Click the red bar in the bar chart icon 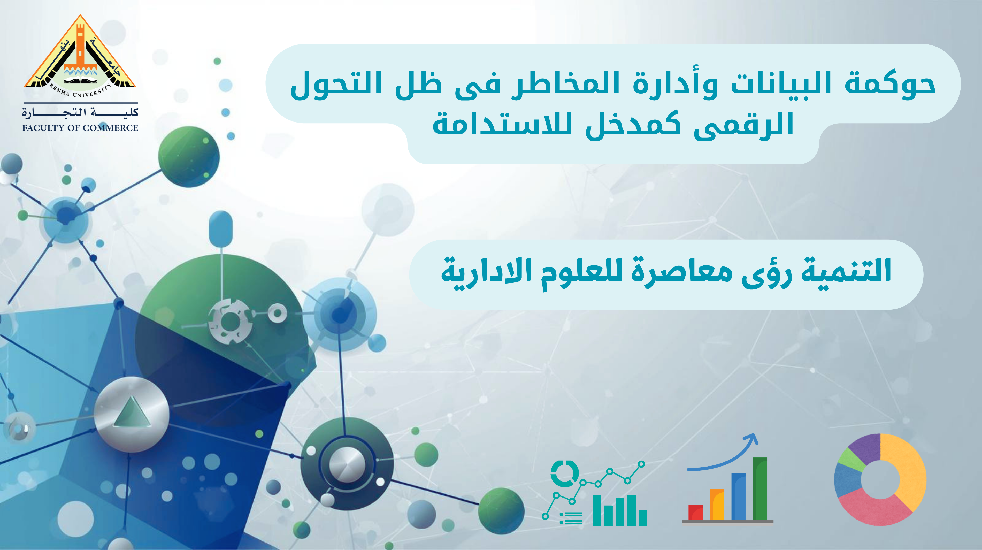(x=695, y=512)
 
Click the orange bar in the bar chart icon (x=717, y=504)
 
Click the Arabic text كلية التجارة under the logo (x=80, y=112)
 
